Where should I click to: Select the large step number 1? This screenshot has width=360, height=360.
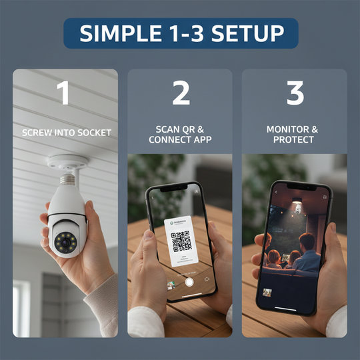(x=63, y=94)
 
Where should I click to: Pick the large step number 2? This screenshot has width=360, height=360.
(x=181, y=94)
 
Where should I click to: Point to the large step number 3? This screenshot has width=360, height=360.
(x=295, y=94)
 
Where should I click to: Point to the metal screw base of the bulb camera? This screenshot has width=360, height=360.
(x=68, y=178)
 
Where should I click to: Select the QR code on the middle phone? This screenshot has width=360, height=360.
(x=180, y=240)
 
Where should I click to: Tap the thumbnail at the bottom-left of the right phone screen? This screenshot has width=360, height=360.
(x=267, y=292)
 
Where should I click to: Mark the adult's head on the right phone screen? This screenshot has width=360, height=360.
(x=307, y=241)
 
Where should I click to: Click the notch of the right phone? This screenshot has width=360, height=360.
(x=307, y=187)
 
